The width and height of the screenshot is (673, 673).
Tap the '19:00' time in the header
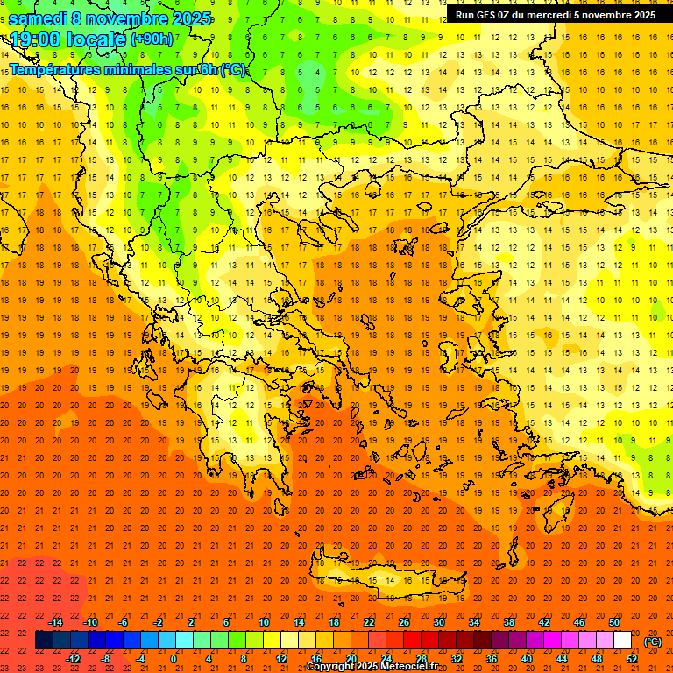coord(36,39)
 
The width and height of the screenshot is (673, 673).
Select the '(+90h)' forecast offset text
coord(152,39)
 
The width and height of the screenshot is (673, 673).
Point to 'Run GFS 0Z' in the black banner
coord(484,15)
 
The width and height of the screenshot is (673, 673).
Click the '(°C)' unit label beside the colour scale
coord(652,641)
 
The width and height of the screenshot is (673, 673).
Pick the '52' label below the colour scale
coord(631,659)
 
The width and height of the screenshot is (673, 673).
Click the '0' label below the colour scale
coord(174,659)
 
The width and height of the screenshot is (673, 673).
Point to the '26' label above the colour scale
coord(403,622)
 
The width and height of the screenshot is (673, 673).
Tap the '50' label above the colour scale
coord(613,622)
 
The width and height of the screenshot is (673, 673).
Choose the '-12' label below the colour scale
coord(73,659)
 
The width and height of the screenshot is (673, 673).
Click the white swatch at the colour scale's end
coord(622,641)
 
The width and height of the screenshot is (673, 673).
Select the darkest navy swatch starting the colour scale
coord(44,641)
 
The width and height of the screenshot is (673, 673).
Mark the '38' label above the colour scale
coord(508,622)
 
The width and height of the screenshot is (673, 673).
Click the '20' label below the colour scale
coord(351,659)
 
